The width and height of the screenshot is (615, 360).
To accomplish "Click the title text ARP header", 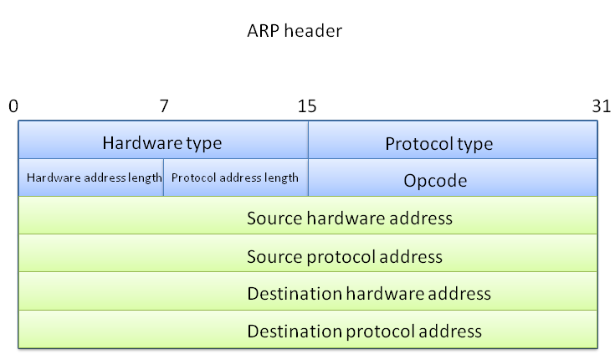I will click(x=294, y=31).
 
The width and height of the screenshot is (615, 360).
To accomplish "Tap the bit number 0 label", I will click(x=13, y=106).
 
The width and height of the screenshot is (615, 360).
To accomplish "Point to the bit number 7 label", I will click(x=164, y=106).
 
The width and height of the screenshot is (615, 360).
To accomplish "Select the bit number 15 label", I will click(x=307, y=106).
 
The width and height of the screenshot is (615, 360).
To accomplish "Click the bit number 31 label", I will click(x=600, y=106).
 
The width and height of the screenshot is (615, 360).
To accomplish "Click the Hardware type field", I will click(x=162, y=142).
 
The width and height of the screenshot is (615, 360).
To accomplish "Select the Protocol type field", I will click(x=453, y=142).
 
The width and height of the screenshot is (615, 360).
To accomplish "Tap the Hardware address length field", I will click(x=91, y=177).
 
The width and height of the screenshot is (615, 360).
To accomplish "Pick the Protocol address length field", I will click(x=235, y=177).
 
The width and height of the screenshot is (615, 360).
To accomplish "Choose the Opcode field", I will click(x=453, y=180).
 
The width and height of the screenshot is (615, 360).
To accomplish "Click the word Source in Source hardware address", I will click(x=274, y=219).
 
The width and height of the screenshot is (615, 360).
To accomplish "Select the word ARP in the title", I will click(x=261, y=31).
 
